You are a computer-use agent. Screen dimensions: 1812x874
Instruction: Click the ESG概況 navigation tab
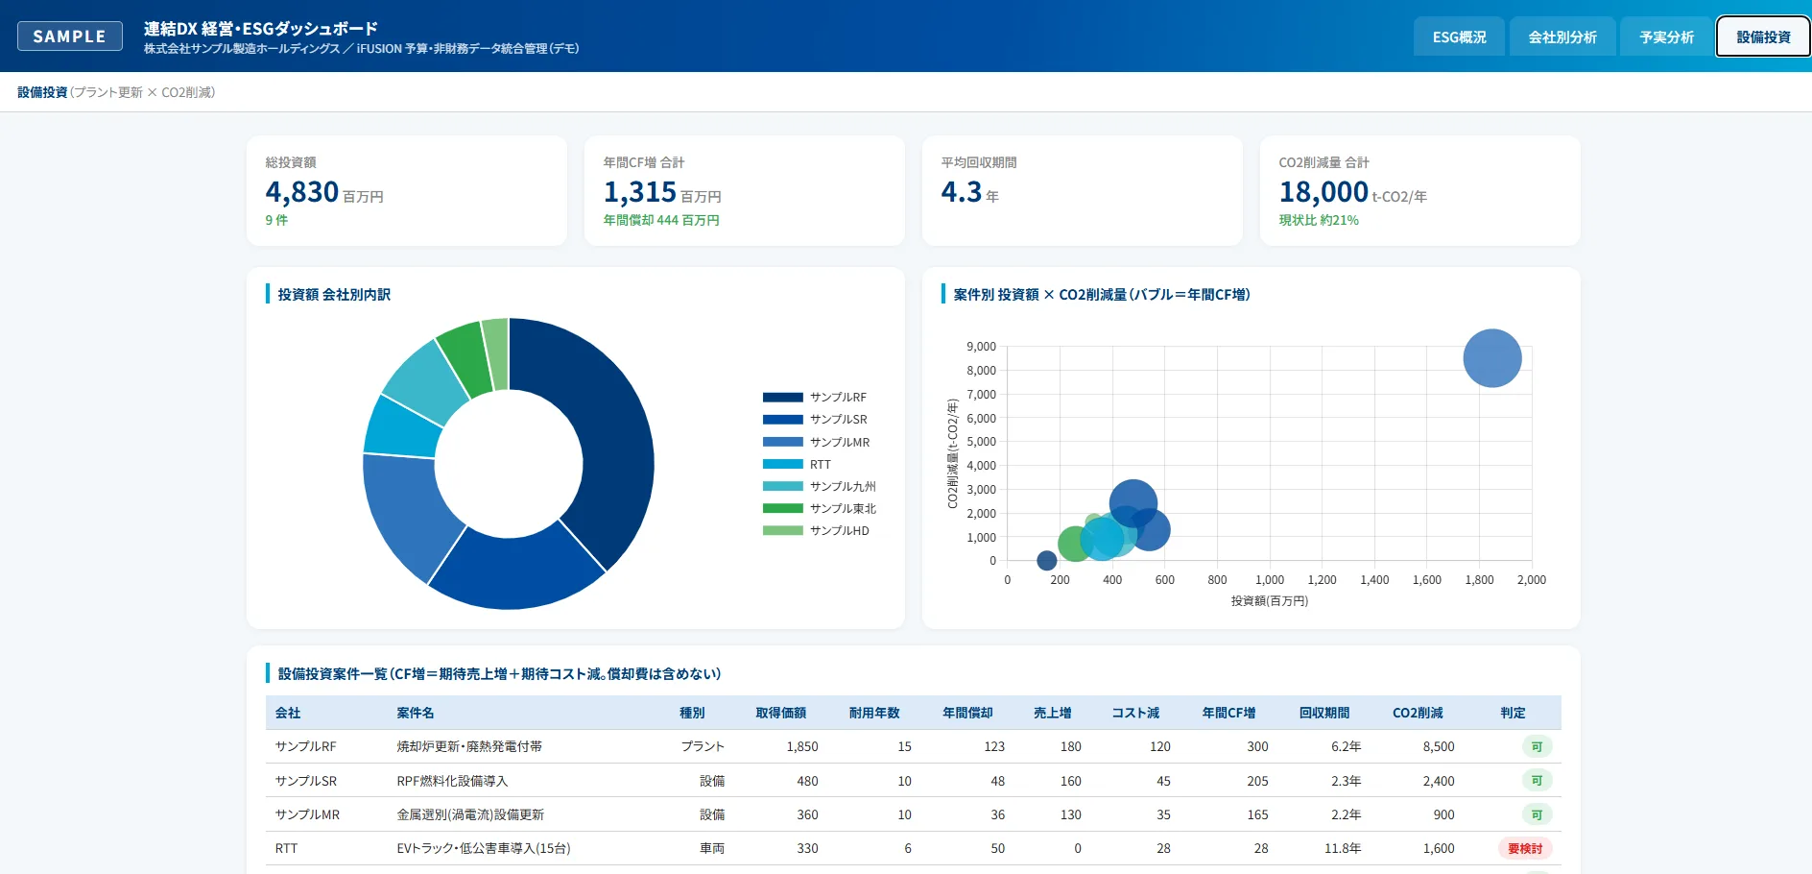click(x=1459, y=37)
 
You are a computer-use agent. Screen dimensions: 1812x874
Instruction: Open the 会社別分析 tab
click(x=1562, y=37)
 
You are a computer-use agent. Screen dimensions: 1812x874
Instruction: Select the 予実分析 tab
click(x=1666, y=37)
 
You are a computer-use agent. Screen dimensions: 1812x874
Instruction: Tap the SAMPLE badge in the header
click(x=70, y=36)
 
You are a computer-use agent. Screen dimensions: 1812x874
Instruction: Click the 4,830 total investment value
click(x=302, y=192)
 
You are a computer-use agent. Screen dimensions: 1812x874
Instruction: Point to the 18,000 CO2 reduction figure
click(x=1323, y=192)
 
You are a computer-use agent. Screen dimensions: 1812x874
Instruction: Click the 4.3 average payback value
click(x=962, y=192)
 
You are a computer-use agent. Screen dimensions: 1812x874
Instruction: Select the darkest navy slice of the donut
click(x=595, y=432)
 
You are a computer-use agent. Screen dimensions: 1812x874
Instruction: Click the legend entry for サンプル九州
click(x=820, y=486)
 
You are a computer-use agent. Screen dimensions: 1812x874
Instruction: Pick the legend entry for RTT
click(x=797, y=464)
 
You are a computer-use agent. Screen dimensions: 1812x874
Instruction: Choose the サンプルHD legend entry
click(x=816, y=530)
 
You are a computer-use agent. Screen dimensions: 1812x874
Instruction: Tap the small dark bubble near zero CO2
click(x=1047, y=560)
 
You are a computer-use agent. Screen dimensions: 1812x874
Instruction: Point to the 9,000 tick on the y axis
click(x=981, y=347)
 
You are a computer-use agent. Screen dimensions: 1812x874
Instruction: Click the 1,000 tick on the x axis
click(x=1270, y=580)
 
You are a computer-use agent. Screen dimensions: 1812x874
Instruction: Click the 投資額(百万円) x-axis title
click(x=1270, y=601)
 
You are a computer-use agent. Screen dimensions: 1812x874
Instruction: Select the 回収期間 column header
click(x=1324, y=713)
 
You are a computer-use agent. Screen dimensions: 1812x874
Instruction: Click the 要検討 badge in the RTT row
click(x=1525, y=848)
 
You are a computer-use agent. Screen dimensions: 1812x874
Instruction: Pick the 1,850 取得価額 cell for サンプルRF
click(x=802, y=746)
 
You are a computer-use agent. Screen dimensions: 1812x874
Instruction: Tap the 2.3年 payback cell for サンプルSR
click(x=1346, y=781)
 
